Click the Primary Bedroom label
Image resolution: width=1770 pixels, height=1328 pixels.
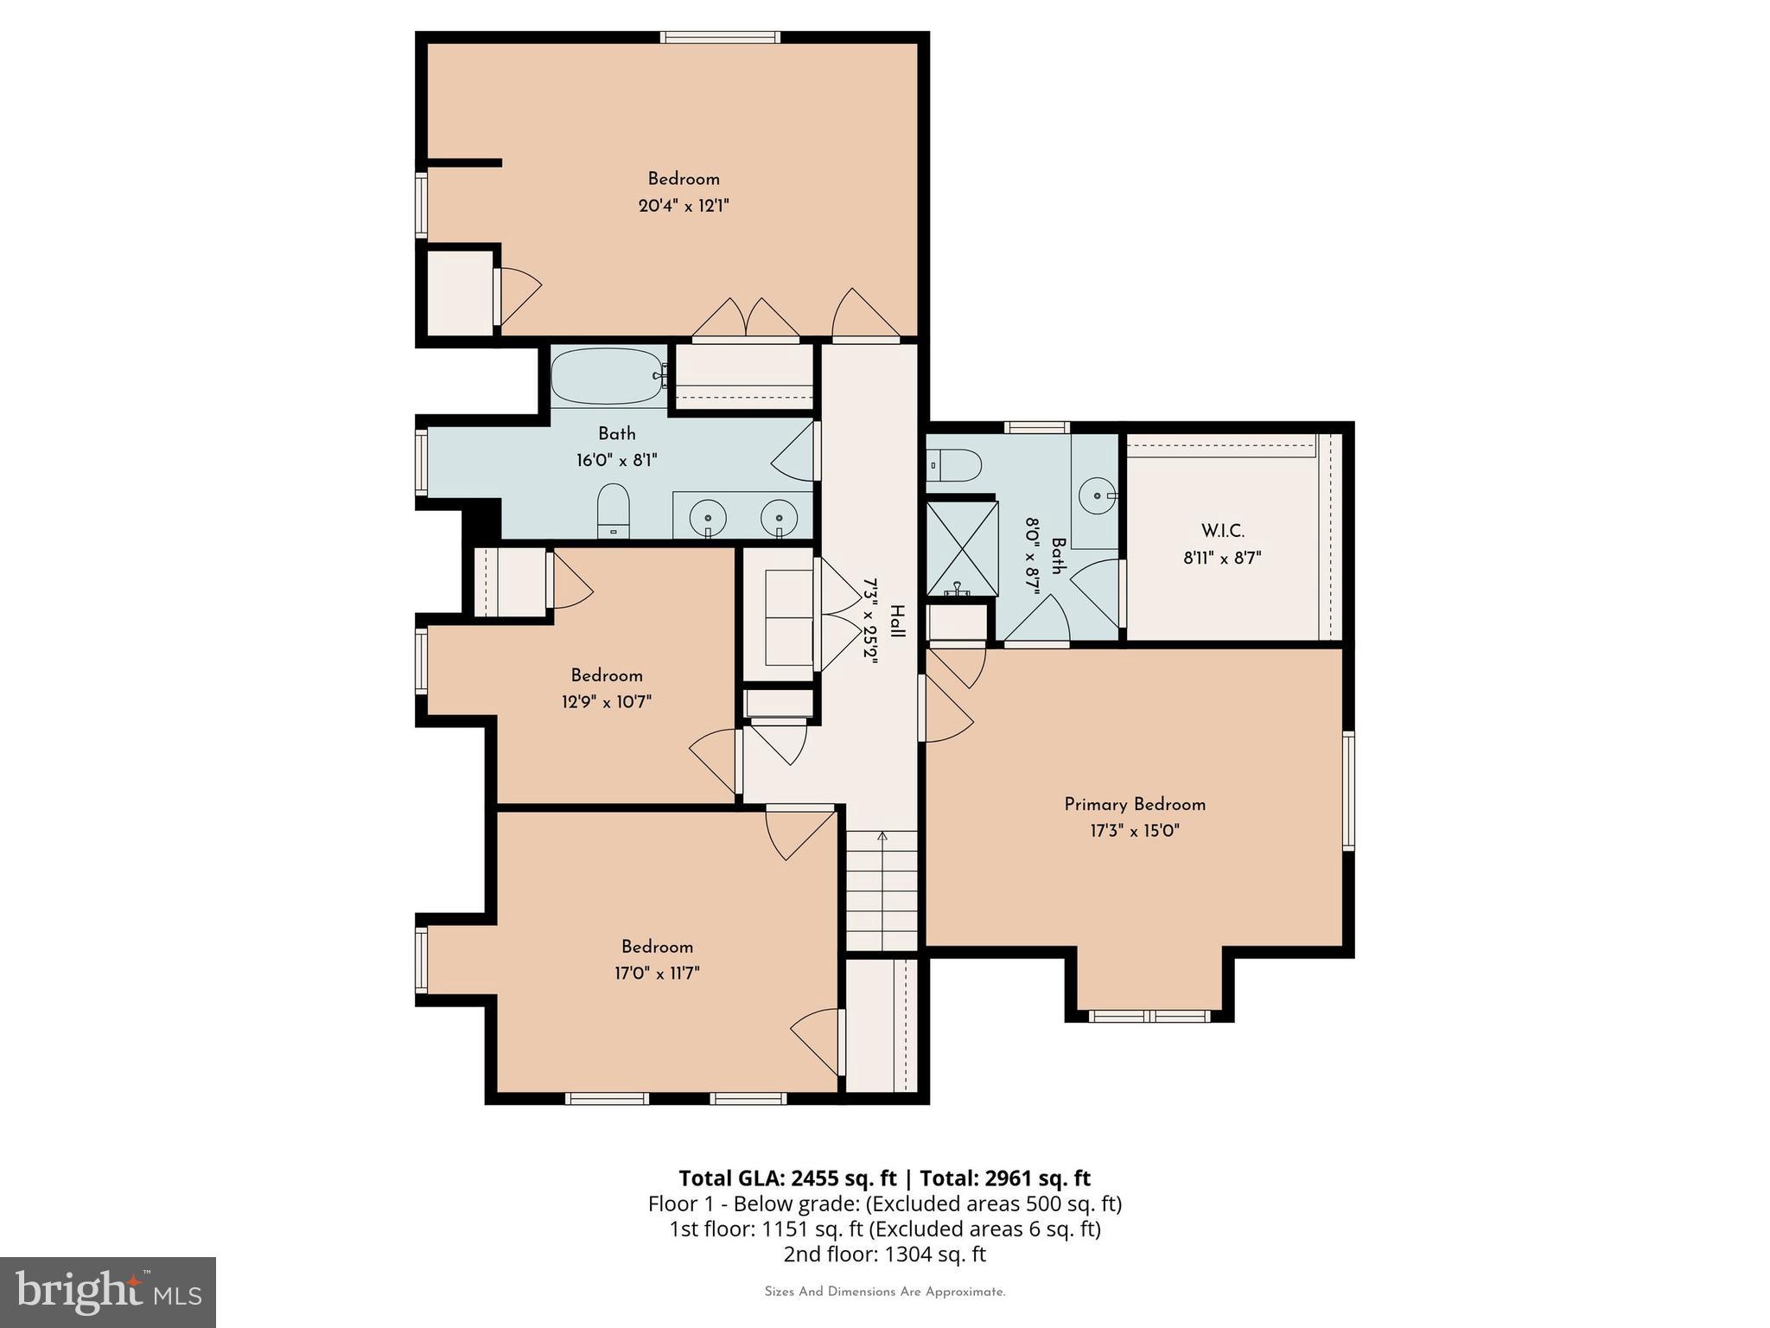(x=1135, y=805)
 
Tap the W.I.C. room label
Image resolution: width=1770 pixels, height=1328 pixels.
(x=1222, y=531)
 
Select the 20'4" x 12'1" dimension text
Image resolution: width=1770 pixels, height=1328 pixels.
(x=684, y=206)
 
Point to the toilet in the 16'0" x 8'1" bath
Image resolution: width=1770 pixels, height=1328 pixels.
(x=614, y=510)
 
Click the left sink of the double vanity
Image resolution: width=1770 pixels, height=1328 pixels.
(x=708, y=517)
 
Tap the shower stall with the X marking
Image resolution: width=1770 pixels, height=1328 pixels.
(x=960, y=547)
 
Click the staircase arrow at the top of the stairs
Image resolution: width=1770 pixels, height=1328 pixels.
(x=882, y=836)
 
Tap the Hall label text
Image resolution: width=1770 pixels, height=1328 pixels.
(x=897, y=622)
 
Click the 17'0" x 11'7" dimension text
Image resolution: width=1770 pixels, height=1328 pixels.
(x=657, y=974)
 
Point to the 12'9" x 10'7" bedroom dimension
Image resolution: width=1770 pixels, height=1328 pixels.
(x=606, y=702)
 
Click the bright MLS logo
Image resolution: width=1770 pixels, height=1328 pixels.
(x=108, y=1292)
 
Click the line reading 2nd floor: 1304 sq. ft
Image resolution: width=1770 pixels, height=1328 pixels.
(x=884, y=1254)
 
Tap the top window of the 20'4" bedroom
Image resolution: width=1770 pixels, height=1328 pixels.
(x=720, y=37)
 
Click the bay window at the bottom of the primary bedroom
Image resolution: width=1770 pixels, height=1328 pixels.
(x=1149, y=1016)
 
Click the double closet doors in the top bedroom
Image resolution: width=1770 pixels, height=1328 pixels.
(x=746, y=318)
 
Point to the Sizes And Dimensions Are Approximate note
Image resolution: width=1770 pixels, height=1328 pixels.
(x=884, y=1292)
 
